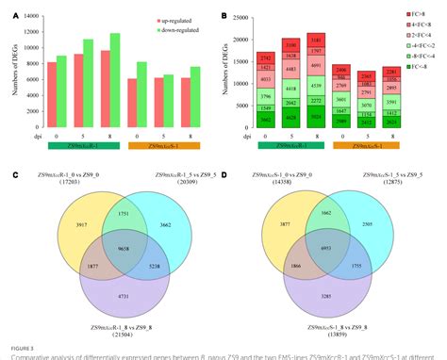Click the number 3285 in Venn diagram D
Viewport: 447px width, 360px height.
tap(325, 296)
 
